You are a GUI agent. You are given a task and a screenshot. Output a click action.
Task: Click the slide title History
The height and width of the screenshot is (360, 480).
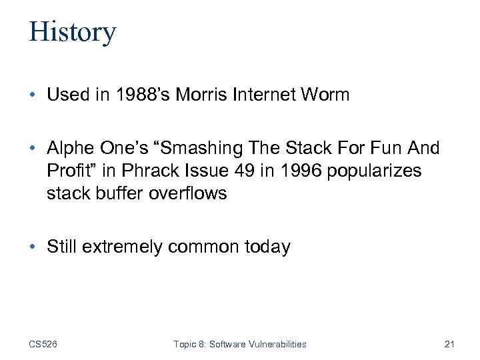coord(72,32)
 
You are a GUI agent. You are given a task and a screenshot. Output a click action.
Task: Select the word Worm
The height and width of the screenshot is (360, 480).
coord(325,95)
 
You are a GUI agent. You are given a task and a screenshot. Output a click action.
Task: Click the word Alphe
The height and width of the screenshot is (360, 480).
coord(68,148)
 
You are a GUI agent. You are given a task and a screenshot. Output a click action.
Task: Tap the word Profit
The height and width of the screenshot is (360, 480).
coord(68,171)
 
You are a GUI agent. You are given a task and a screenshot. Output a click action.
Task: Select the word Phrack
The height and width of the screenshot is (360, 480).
coord(145,171)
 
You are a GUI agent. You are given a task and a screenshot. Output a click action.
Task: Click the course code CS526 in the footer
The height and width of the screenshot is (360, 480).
coord(43,344)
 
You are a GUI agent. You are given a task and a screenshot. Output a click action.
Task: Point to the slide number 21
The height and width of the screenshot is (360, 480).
coord(449,344)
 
